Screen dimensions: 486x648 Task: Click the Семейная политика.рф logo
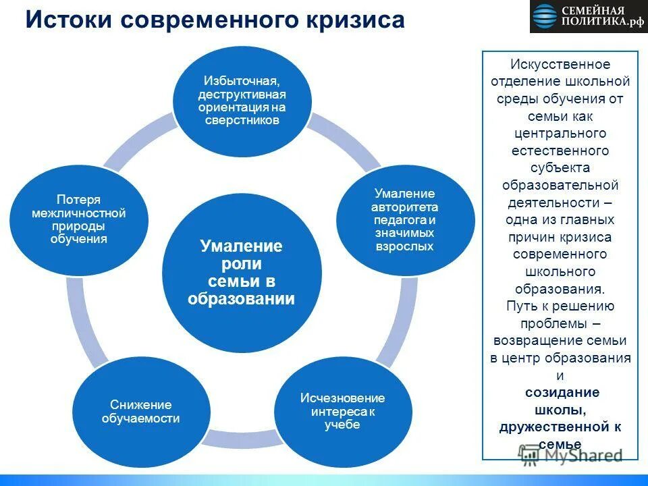pyautogui.click(x=588, y=16)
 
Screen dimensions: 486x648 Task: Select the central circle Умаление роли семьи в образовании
pyautogui.click(x=241, y=272)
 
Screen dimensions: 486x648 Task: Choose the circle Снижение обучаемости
pyautogui.click(x=140, y=411)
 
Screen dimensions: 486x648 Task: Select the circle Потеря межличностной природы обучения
pyautogui.click(x=78, y=219)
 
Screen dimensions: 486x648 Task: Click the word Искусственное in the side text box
pyautogui.click(x=560, y=64)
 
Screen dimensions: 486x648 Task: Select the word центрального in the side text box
pyautogui.click(x=560, y=133)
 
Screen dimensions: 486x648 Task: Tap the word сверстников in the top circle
pyautogui.click(x=242, y=120)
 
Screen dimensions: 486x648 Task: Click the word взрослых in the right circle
pyautogui.click(x=404, y=246)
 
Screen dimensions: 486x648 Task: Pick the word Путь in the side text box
pyautogui.click(x=520, y=306)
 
